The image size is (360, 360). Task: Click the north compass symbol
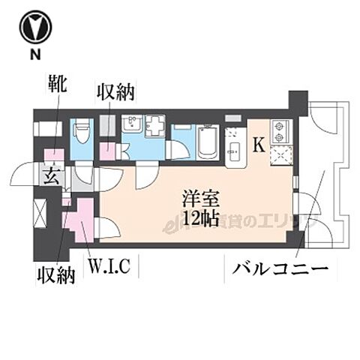[34, 27]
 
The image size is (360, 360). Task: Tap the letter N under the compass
[34, 55]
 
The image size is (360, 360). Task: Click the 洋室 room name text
[199, 199]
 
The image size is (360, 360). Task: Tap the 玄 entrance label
[51, 177]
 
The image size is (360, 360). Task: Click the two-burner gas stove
[280, 132]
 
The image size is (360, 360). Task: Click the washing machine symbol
[156, 127]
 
